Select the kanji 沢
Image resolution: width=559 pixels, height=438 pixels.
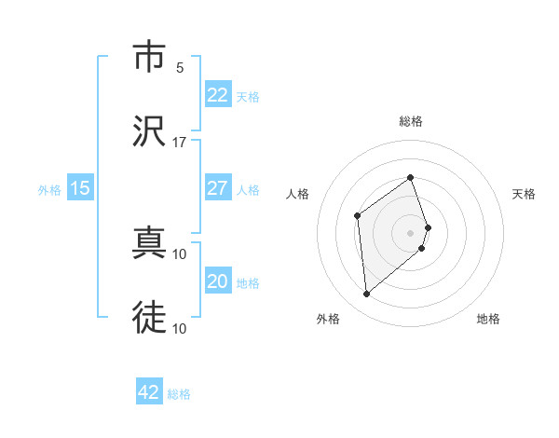[x=148, y=130]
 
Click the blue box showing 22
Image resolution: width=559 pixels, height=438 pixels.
[x=218, y=95]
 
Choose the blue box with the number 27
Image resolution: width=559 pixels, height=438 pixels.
[x=218, y=188]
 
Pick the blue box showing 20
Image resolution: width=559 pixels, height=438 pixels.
[x=218, y=281]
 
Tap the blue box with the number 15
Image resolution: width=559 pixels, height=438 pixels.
[x=80, y=188]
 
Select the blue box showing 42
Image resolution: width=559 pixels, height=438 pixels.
[x=149, y=392]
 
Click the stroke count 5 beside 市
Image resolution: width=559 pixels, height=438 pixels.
[x=180, y=68]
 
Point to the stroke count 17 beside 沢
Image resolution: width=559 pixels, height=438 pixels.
[x=179, y=142]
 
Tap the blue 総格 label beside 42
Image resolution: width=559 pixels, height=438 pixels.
[x=179, y=394]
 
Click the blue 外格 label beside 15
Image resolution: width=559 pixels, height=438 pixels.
[x=49, y=190]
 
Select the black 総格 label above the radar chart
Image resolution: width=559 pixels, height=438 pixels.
[x=411, y=121]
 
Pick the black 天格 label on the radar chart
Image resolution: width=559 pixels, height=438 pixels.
[x=525, y=194]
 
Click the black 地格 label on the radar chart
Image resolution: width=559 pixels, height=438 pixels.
[x=488, y=320]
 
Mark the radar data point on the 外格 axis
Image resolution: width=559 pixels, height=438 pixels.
[x=367, y=294]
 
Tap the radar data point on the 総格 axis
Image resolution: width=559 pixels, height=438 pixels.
[x=411, y=177]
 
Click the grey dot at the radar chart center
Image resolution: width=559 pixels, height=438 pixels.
[x=411, y=231]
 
